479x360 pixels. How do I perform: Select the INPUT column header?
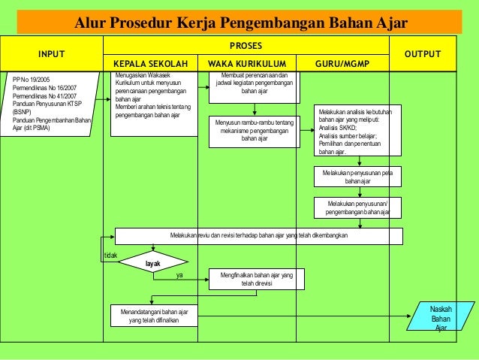click(51, 54)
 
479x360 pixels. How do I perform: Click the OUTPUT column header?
click(422, 54)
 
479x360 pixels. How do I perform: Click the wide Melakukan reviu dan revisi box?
click(258, 236)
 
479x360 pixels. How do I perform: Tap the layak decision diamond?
click(152, 264)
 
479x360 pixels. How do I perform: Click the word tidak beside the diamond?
click(110, 256)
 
